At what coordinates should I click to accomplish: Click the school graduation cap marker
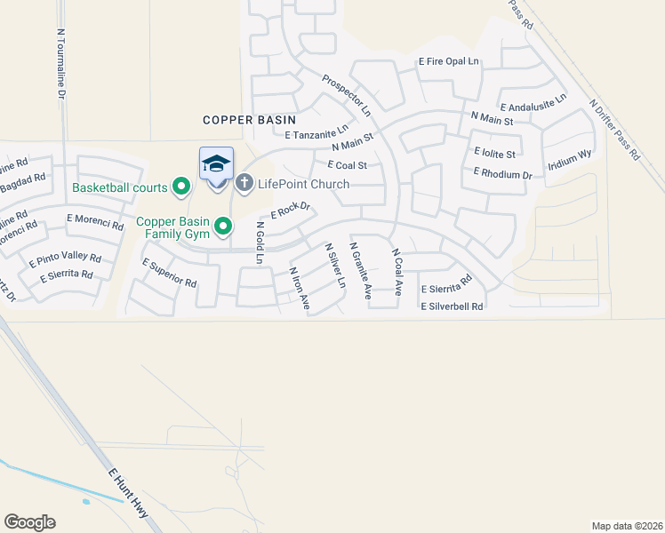coord(217,165)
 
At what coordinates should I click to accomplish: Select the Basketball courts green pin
coord(182,187)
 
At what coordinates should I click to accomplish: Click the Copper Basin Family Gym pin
coord(223,227)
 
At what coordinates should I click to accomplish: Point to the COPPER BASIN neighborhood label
coord(249,119)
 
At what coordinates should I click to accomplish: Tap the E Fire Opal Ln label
coord(449,61)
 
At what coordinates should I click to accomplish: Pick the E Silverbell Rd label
coord(452,306)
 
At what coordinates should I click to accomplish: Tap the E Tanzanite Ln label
coord(316,132)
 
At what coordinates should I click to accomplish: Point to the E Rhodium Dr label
coord(502,173)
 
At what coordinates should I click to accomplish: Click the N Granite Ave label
coord(360,270)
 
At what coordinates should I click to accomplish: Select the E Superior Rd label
coord(169,273)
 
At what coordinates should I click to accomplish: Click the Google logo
coord(29,522)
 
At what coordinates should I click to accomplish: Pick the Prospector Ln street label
coord(347,95)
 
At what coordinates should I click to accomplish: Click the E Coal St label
coord(347,165)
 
